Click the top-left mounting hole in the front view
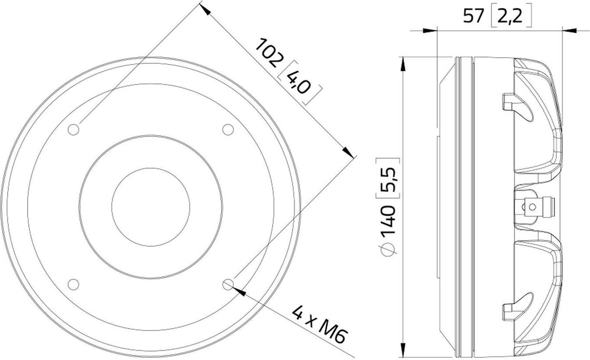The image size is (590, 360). (74, 130)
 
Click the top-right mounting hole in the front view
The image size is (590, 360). (228, 130)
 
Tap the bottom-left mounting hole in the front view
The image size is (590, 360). (74, 284)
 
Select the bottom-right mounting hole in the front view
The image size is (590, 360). (228, 284)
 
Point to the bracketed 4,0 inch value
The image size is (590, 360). (300, 83)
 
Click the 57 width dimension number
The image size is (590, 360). (473, 16)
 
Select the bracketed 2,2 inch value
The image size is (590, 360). (511, 15)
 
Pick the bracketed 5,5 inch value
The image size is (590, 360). (388, 178)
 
